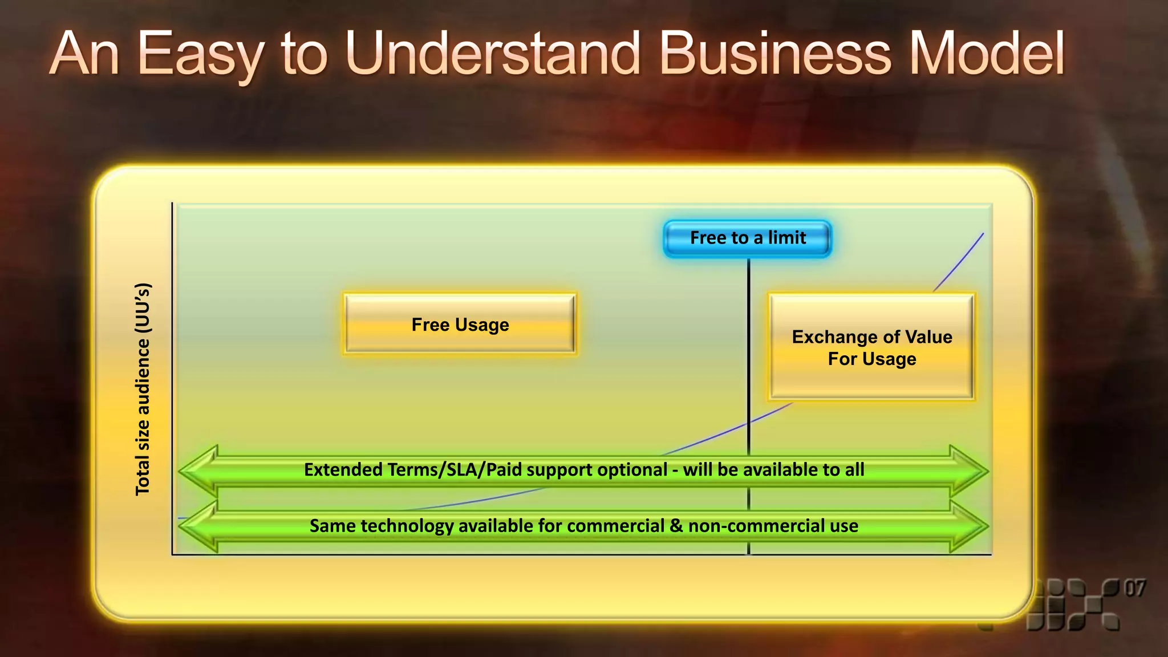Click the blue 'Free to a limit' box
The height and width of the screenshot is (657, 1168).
[747, 238]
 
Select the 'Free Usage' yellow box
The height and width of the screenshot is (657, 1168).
[460, 325]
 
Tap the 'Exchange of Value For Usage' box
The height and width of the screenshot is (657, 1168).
[871, 347]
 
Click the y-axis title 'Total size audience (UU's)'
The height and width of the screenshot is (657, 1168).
[143, 389]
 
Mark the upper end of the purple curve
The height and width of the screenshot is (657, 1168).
[983, 234]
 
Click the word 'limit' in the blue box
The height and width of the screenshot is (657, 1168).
[787, 238]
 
